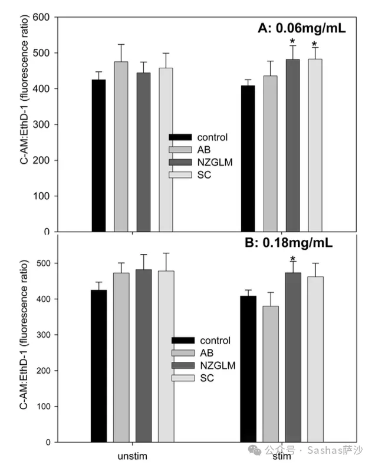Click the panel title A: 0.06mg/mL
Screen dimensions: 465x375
302,27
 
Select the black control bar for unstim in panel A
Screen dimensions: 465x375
98,156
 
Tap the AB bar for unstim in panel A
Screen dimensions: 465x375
121,147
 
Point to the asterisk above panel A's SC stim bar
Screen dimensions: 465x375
315,44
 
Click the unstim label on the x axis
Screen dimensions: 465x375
132,456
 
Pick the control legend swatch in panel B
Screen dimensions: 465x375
183,341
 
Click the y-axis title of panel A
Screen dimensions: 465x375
24,124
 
